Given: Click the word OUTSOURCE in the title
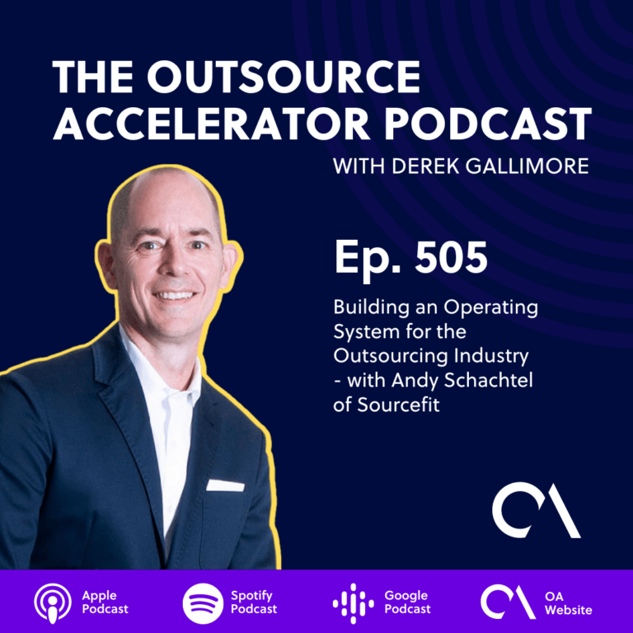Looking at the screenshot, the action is point(284,77).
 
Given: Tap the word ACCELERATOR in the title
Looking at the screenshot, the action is point(211,124).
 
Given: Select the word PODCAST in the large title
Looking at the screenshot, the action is point(487,124).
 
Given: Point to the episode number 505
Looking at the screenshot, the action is point(452,257).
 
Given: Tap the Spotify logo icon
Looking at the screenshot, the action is point(203,603).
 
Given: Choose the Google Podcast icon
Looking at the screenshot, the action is point(354,603).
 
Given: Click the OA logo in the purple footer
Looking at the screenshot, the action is point(508,602).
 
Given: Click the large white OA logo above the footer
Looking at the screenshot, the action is point(536,510).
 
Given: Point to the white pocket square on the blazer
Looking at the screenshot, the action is point(225,485).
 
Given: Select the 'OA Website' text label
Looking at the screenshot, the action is point(569,603).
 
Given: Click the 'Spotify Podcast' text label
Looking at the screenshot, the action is point(254,602).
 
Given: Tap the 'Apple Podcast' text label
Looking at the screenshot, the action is point(105,602).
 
